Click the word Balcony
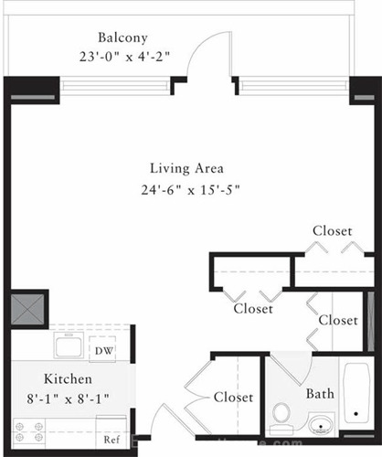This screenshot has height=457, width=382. pyautogui.click(x=122, y=38)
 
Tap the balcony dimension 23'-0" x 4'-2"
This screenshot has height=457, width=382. pyautogui.click(x=124, y=57)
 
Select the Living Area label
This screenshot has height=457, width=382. pyautogui.click(x=186, y=169)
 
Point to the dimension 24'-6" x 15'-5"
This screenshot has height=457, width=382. pyautogui.click(x=190, y=190)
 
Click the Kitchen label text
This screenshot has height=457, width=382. pyautogui.click(x=68, y=379)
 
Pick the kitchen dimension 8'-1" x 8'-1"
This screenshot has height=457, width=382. pyautogui.click(x=68, y=399)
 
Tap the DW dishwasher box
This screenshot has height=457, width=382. pyautogui.click(x=102, y=349)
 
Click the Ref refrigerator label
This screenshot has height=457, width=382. pyautogui.click(x=111, y=440)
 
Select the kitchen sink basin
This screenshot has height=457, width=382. pyautogui.click(x=69, y=345)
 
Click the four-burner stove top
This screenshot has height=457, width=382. pyautogui.click(x=29, y=432)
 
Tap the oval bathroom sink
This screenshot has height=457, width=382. pyautogui.click(x=320, y=425)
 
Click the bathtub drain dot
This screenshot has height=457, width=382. pyautogui.click(x=355, y=414)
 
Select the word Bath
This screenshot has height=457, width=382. pyautogui.click(x=320, y=394)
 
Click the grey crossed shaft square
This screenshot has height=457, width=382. pyautogui.click(x=27, y=309)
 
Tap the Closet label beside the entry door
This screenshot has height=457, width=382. pyautogui.click(x=233, y=398)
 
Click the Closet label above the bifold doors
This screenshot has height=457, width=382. pyautogui.click(x=333, y=231)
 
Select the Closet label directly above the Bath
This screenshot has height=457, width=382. pyautogui.click(x=338, y=320)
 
